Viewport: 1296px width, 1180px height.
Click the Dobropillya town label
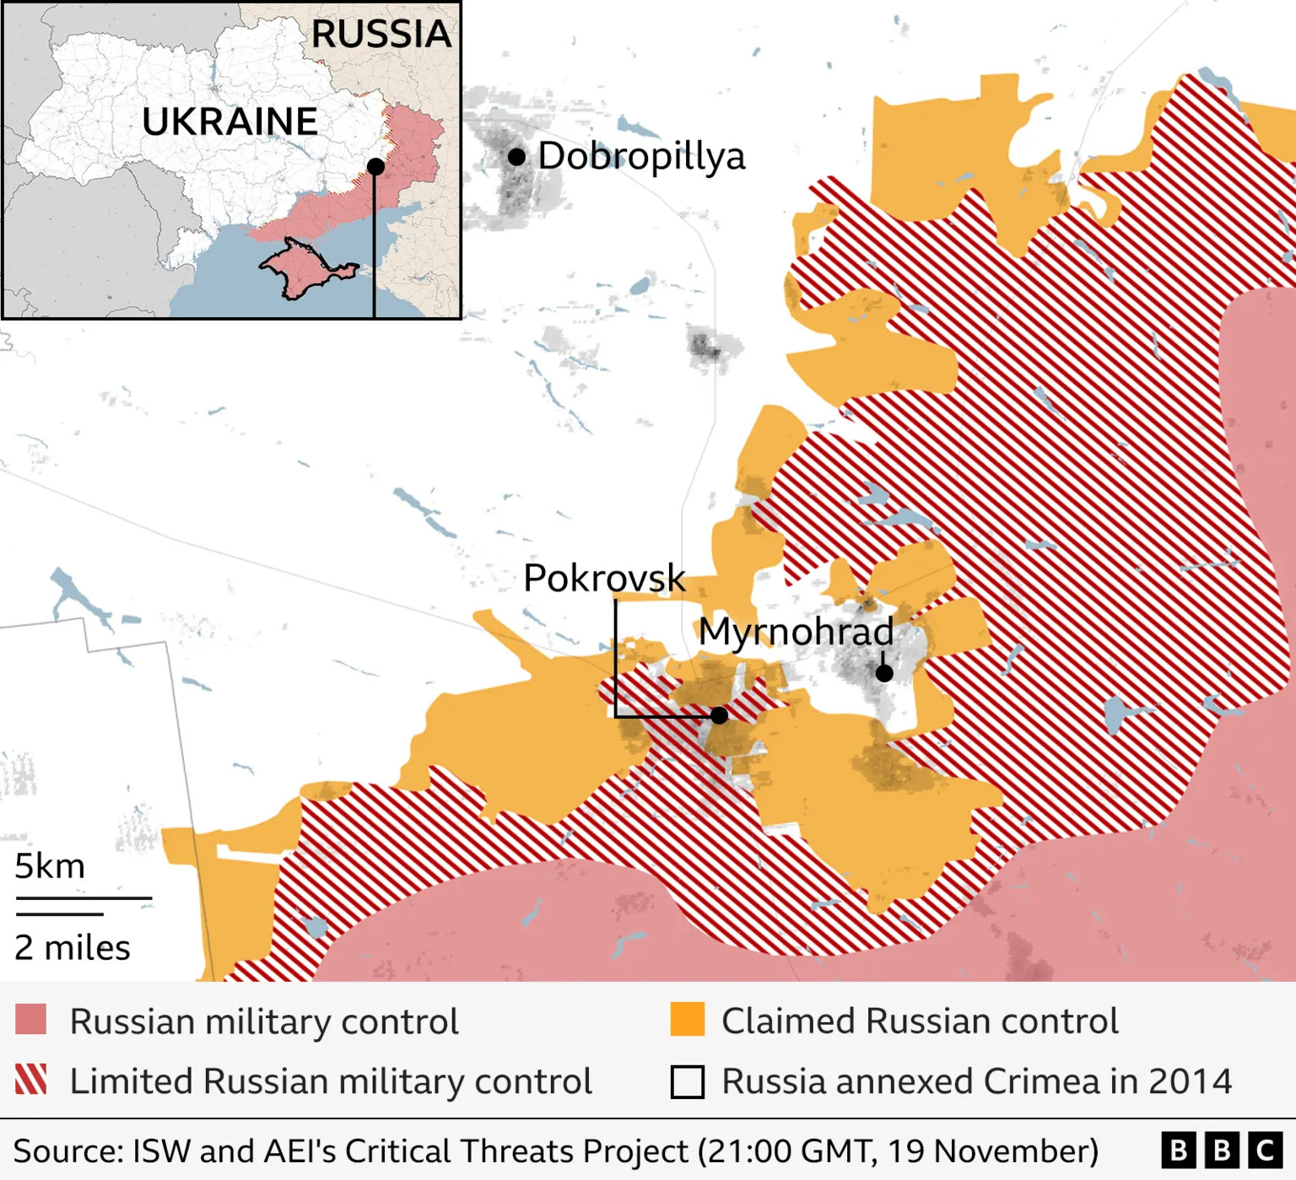[641, 157]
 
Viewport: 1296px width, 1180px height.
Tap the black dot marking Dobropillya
[516, 157]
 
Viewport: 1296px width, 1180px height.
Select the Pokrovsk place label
[604, 579]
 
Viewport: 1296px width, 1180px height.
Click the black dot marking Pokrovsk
[719, 715]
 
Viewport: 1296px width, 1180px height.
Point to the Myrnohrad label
[796, 632]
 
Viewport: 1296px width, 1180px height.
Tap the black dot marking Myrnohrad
[883, 673]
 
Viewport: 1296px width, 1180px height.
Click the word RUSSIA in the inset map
[381, 35]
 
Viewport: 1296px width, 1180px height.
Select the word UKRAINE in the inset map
[229, 122]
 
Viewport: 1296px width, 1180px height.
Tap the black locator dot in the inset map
[375, 166]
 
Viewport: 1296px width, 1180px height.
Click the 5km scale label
[50, 866]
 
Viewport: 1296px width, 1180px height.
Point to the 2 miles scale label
[73, 948]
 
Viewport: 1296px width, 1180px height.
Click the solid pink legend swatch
[31, 1020]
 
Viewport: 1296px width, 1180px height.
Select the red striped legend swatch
[31, 1080]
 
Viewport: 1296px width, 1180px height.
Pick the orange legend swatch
[687, 1020]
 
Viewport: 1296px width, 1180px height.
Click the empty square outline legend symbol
[687, 1081]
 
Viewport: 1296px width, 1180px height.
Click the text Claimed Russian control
[920, 1021]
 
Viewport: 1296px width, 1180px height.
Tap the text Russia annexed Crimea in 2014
[977, 1081]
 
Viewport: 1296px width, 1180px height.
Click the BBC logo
[1221, 1150]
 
